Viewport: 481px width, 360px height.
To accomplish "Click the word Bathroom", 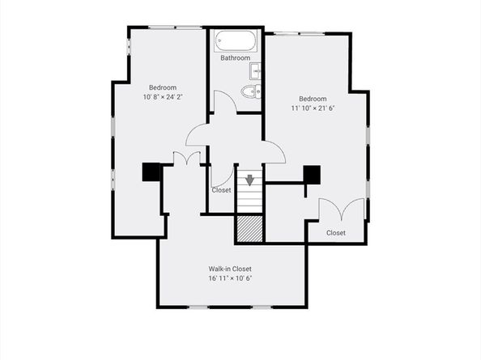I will [235, 58].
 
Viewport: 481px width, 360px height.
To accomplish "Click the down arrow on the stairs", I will [251, 180].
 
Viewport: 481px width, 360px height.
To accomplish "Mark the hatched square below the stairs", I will [250, 229].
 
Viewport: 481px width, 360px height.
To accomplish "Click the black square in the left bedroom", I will [151, 172].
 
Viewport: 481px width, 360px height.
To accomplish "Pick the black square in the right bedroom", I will [312, 174].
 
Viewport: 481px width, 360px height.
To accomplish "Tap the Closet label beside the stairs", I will [221, 191].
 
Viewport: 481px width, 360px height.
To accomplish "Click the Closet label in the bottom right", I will [335, 233].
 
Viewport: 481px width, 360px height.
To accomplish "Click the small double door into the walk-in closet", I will [187, 159].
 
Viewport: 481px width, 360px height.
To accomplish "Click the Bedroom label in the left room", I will [162, 87].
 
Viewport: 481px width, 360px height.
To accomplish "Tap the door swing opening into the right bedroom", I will [275, 149].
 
